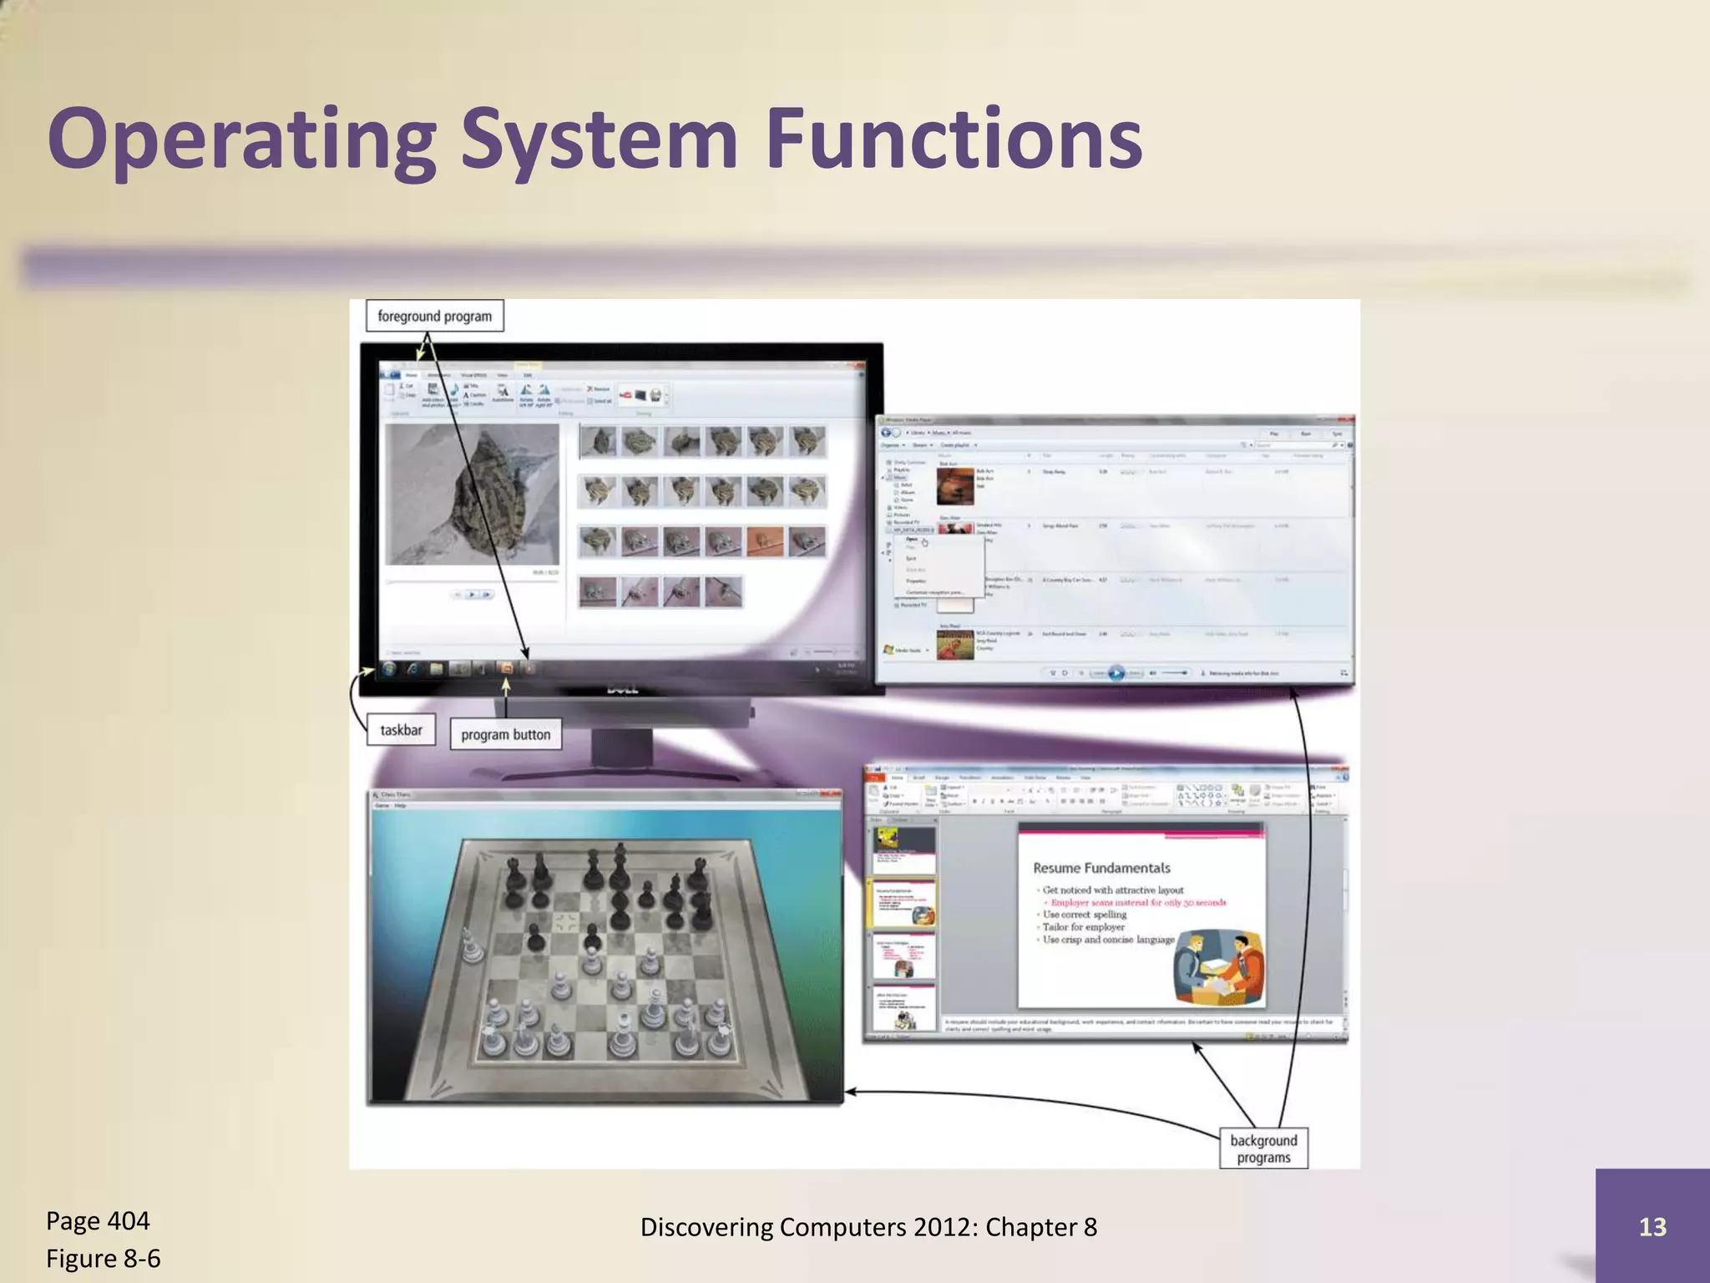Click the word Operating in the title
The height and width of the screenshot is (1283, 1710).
(x=242, y=140)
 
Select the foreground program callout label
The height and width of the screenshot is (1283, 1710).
(x=434, y=317)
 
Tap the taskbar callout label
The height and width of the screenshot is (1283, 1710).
(x=401, y=730)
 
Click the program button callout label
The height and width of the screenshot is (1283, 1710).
(x=505, y=735)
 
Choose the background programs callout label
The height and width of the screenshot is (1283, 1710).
(x=1263, y=1149)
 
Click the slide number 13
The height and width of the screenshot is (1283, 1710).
(x=1652, y=1226)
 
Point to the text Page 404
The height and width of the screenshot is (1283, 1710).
(x=98, y=1221)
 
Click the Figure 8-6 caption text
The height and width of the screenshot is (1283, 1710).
(x=103, y=1259)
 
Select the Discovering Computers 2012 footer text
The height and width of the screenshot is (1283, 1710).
(x=868, y=1227)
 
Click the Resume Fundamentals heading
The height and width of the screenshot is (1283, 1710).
(x=1101, y=868)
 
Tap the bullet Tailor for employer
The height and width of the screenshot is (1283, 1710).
(x=1083, y=927)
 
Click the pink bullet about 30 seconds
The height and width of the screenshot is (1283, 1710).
(x=1137, y=903)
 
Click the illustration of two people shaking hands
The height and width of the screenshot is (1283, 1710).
(x=1218, y=969)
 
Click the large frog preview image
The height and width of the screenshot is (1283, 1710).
(x=473, y=494)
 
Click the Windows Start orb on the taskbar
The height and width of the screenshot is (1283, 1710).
(x=389, y=668)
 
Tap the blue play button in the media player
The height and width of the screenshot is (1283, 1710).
(x=1116, y=673)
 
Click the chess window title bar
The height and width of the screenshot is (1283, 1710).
(x=605, y=794)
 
